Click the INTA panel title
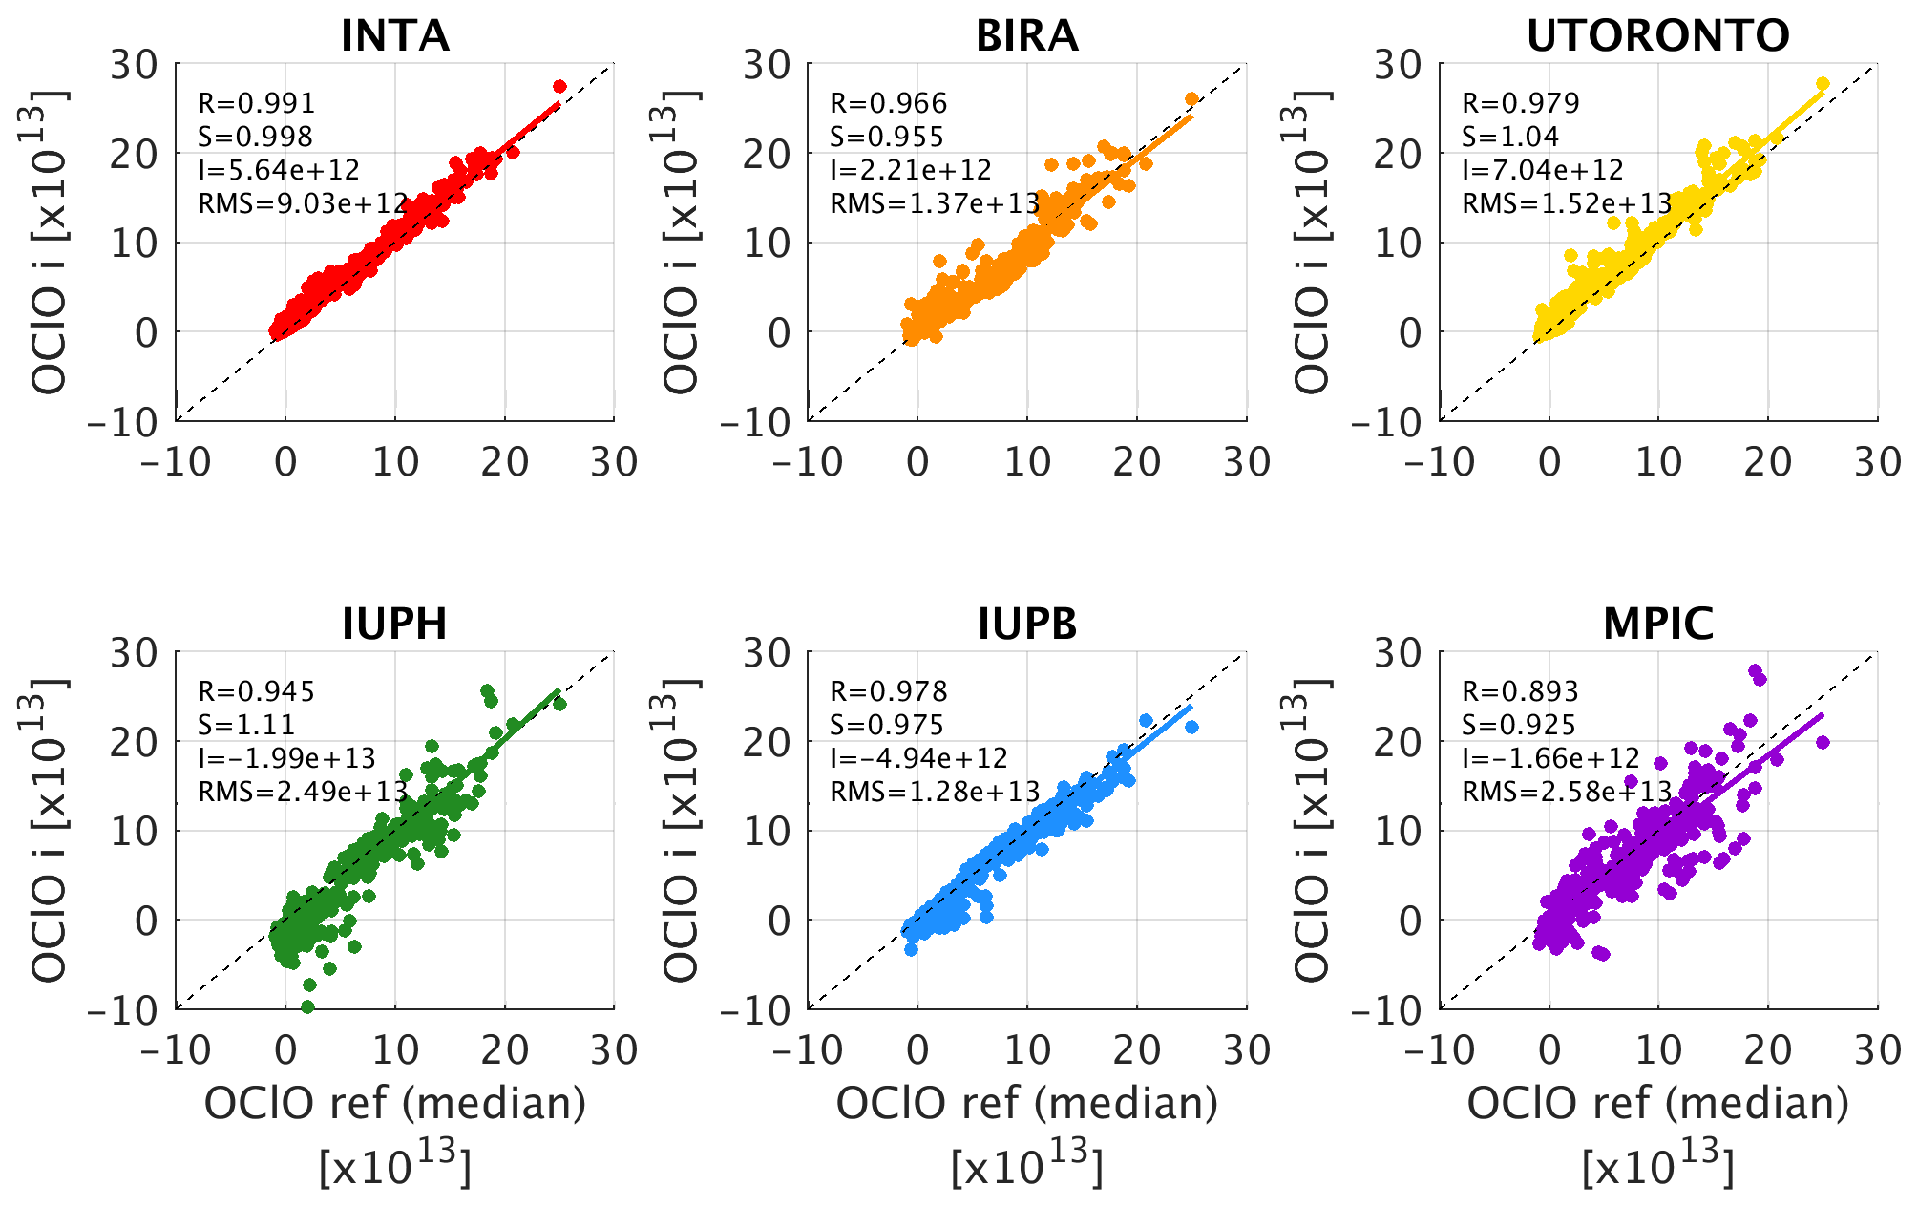[394, 36]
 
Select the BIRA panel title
[1026, 36]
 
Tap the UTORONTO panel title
[1657, 36]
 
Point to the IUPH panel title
[394, 625]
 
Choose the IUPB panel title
[1026, 625]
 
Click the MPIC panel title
[1657, 625]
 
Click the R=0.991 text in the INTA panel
[256, 103]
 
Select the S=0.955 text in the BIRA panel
[887, 137]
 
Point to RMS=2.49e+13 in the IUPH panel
[303, 792]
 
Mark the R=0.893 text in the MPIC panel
[1520, 691]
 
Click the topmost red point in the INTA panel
[559, 87]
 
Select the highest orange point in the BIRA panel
[1191, 99]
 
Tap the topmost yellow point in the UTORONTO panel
[1822, 84]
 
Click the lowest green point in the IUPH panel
[307, 1006]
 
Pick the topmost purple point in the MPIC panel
[1754, 670]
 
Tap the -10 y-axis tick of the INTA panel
[125, 422]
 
